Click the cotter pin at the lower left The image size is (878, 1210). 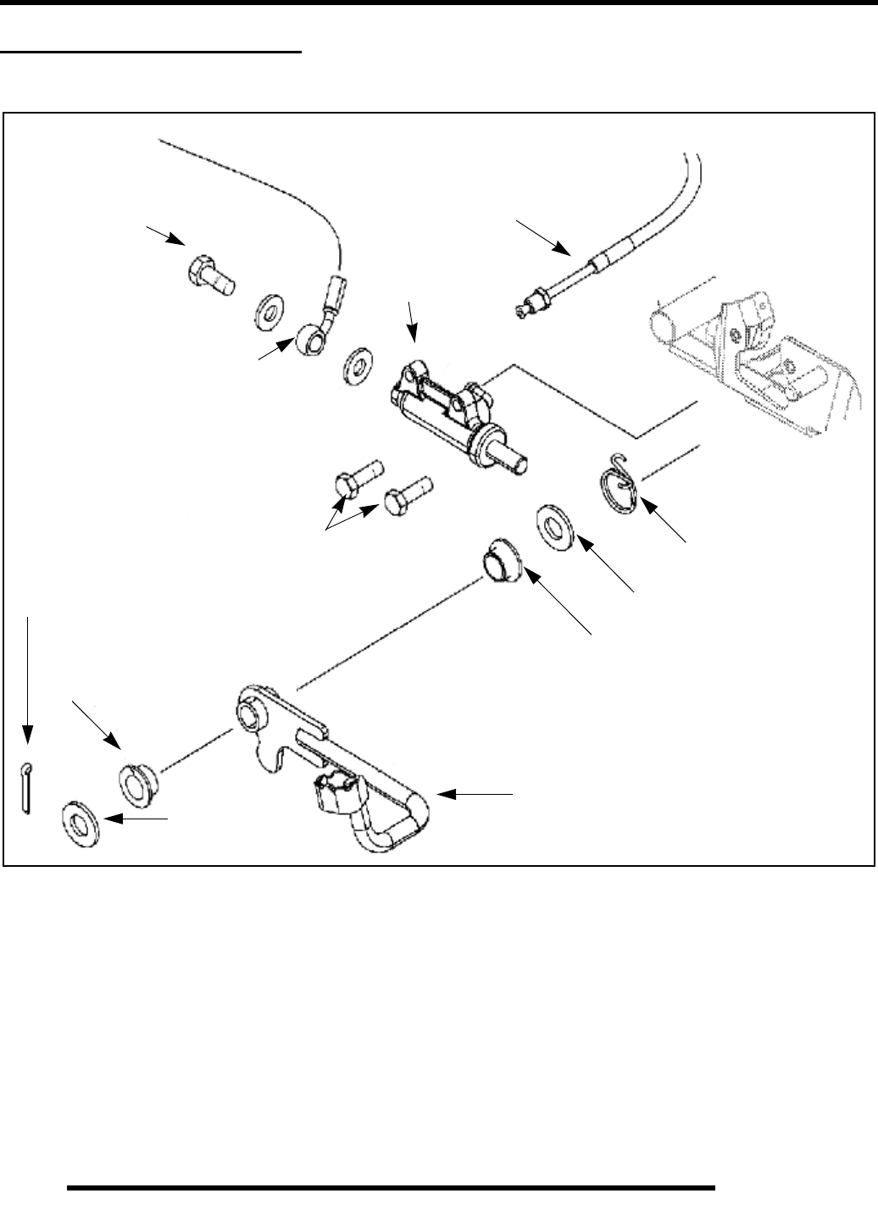click(25, 787)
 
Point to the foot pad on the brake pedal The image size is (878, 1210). click(338, 793)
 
